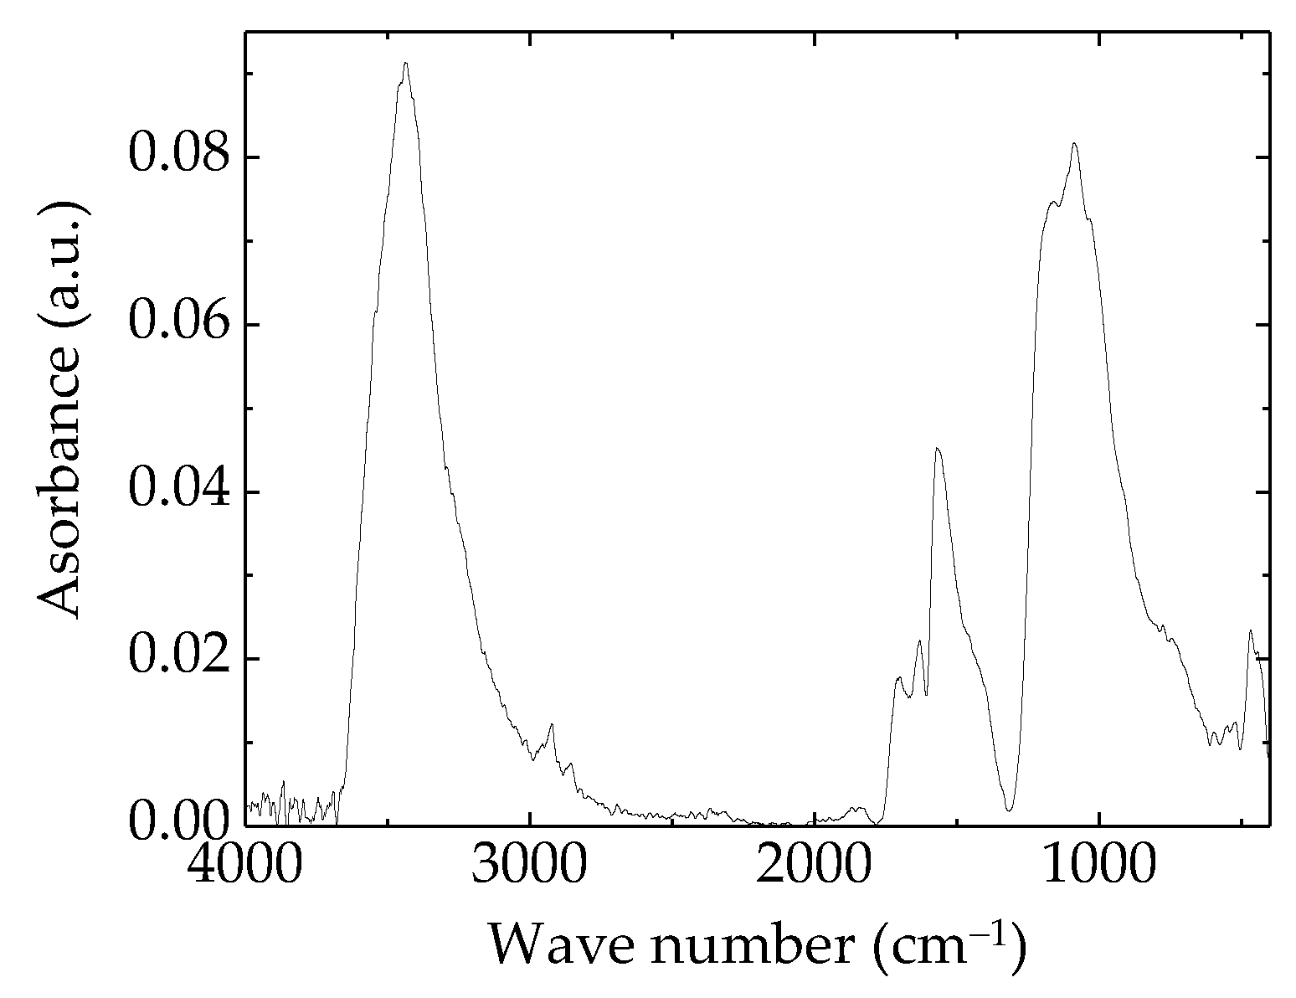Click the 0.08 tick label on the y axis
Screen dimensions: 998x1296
click(x=178, y=157)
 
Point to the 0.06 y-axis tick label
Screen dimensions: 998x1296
click(x=178, y=324)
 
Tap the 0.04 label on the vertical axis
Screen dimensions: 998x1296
click(x=178, y=491)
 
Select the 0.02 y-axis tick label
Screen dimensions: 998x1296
click(x=178, y=659)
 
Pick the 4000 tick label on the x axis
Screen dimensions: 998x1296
click(x=246, y=868)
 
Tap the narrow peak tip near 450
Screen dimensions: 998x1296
click(x=1251, y=630)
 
